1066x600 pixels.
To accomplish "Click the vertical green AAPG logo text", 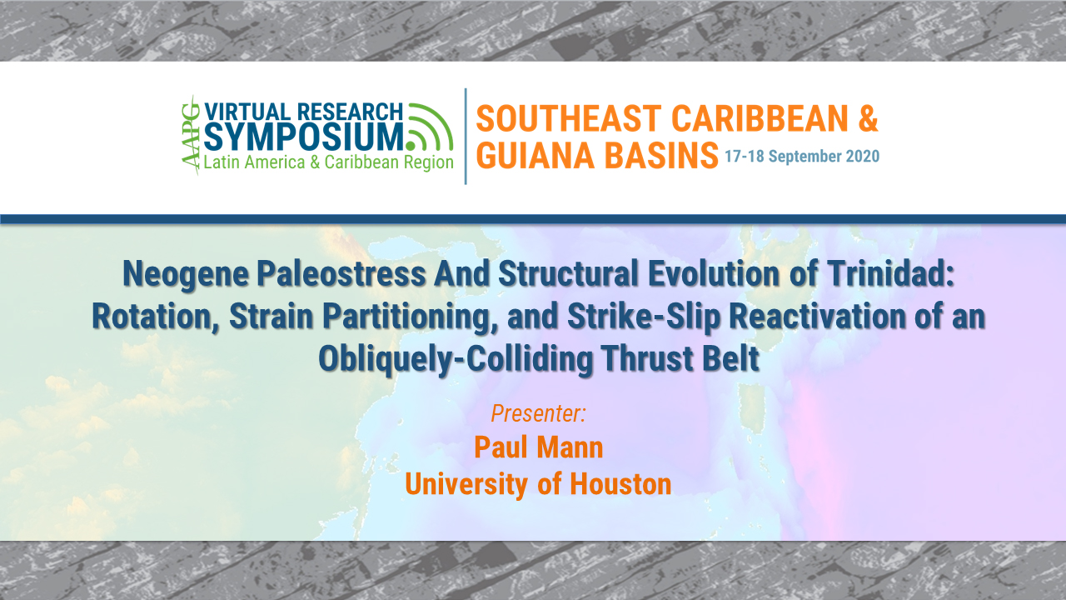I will [x=191, y=135].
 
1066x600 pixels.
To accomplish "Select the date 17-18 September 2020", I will [x=801, y=157].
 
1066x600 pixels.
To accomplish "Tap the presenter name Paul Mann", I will [x=538, y=447].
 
